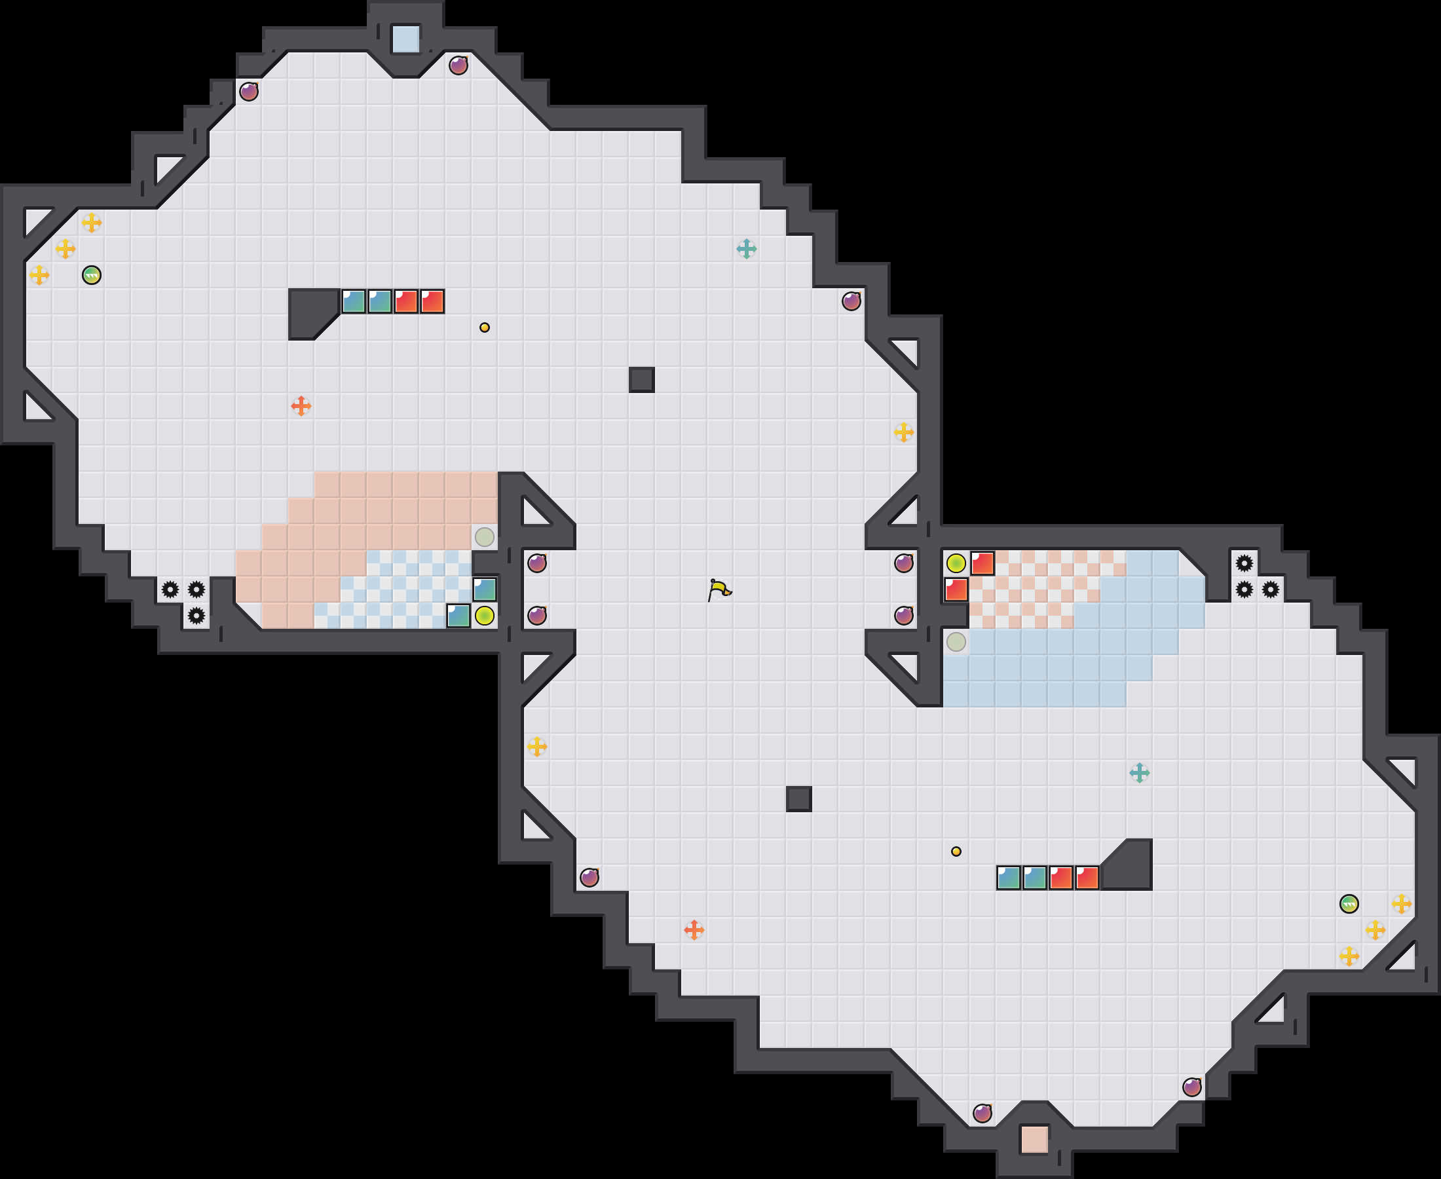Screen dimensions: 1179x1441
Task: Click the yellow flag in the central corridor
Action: [x=719, y=589]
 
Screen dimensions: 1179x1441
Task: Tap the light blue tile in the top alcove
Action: [x=406, y=39]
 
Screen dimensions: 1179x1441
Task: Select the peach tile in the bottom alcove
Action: [x=1035, y=1140]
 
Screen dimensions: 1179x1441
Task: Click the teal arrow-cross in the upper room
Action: [x=746, y=250]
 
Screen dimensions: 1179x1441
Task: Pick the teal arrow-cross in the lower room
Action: [x=1140, y=773]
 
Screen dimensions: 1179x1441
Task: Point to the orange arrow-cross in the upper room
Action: [x=301, y=406]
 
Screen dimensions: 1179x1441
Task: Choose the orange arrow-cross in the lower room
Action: [x=694, y=929]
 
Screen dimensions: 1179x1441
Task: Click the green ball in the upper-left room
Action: [x=92, y=275]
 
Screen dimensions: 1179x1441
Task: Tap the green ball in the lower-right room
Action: [x=1349, y=904]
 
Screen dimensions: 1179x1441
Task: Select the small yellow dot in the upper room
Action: [x=484, y=327]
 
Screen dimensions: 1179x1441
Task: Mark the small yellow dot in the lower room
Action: [x=956, y=851]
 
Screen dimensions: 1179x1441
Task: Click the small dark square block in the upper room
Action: [x=642, y=380]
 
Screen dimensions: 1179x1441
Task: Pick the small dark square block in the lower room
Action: [x=798, y=799]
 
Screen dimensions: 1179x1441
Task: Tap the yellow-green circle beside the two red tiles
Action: [x=956, y=563]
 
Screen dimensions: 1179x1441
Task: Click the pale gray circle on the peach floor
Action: [x=484, y=537]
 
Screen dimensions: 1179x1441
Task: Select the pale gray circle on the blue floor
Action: [x=956, y=642]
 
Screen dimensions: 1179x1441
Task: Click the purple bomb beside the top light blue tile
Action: [x=458, y=66]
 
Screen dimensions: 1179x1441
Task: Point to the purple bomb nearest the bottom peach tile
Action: [x=982, y=1113]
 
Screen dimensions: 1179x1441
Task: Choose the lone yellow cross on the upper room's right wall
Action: [x=903, y=432]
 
